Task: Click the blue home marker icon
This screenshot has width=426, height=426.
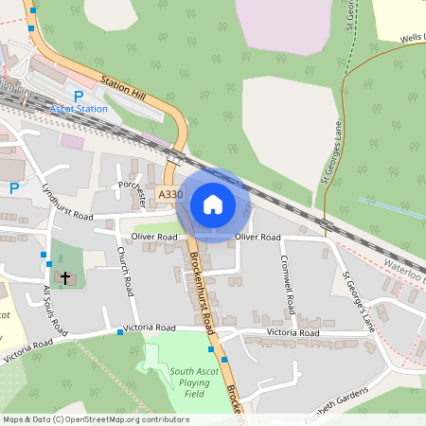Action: point(212,204)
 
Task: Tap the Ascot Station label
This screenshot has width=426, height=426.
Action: point(79,109)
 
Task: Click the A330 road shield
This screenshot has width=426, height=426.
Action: point(170,194)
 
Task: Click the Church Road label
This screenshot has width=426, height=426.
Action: point(122,270)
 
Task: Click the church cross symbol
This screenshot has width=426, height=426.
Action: point(65,278)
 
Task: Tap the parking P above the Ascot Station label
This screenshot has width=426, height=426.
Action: point(79,96)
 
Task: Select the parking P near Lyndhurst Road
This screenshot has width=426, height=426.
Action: point(13,188)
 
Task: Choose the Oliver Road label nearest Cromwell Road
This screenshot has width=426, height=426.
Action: point(257,236)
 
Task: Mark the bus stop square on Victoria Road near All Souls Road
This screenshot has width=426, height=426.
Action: point(121,332)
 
